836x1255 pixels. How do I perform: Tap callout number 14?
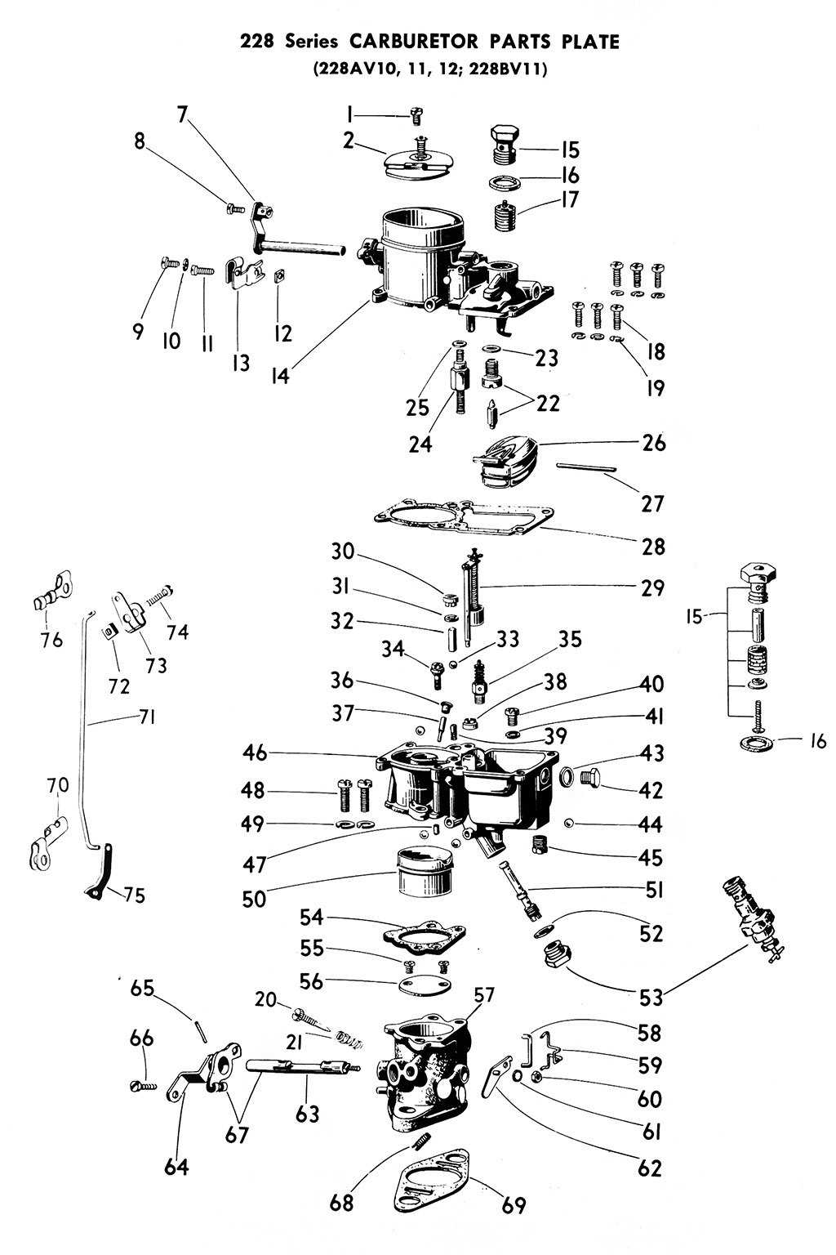tap(280, 377)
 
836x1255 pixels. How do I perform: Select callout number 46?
tap(255, 753)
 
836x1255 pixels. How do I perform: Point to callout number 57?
tap(485, 994)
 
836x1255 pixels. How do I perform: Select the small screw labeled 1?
tap(415, 119)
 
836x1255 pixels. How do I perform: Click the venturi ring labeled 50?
tap(423, 873)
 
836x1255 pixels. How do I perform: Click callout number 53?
tap(651, 996)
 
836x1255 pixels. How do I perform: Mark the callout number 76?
tap(51, 639)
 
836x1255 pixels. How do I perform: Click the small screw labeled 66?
tap(142, 1086)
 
